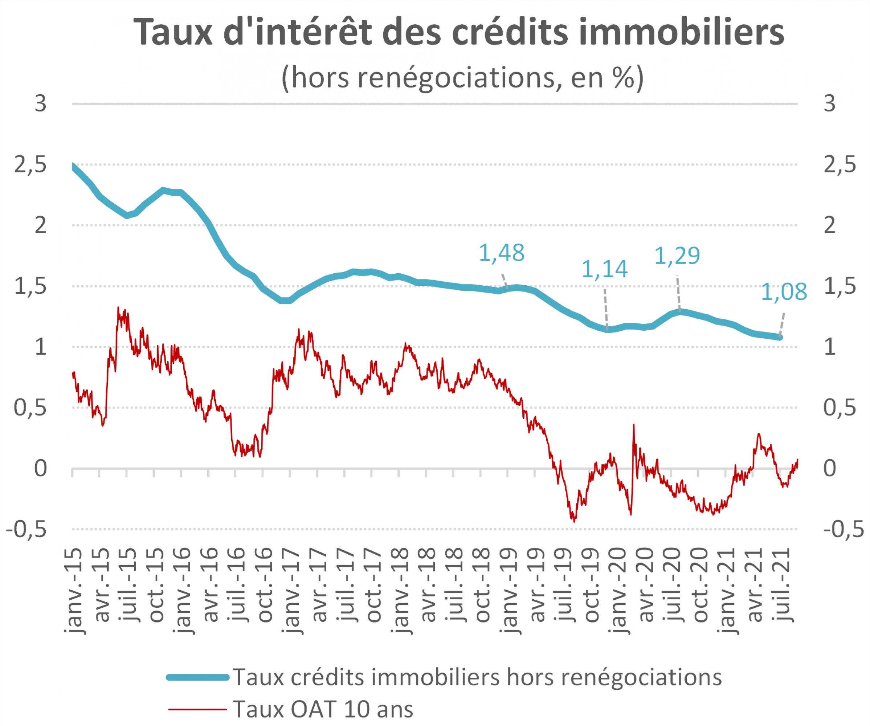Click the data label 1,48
(x=501, y=253)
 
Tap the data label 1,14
(x=604, y=269)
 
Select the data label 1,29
(x=677, y=255)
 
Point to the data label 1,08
(x=784, y=292)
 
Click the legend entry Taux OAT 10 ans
(x=323, y=709)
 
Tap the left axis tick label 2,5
(x=30, y=165)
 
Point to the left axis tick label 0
(x=40, y=469)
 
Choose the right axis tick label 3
(x=829, y=103)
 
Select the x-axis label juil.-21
(x=783, y=585)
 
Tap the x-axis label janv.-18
(x=400, y=591)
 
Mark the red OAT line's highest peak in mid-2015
(x=118, y=307)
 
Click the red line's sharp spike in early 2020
(x=633, y=425)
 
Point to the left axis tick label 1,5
(x=30, y=286)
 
